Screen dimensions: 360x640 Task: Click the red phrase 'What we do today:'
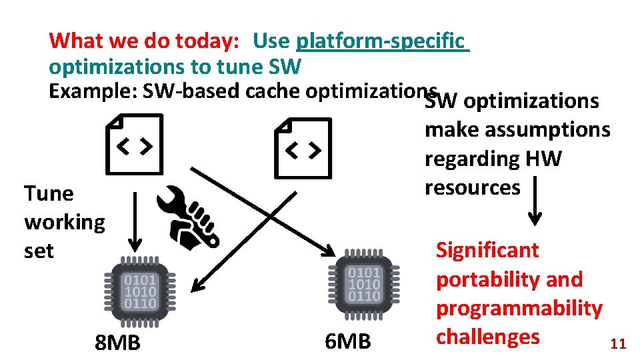pyautogui.click(x=144, y=41)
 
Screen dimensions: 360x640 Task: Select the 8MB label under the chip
pyautogui.click(x=118, y=343)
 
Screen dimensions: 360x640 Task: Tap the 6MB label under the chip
pyautogui.click(x=347, y=342)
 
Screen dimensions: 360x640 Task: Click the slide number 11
pyautogui.click(x=618, y=344)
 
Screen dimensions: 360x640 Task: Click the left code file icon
pyautogui.click(x=134, y=145)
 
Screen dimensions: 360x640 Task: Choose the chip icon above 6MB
pyautogui.click(x=363, y=284)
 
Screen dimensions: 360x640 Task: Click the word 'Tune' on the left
pyautogui.click(x=49, y=193)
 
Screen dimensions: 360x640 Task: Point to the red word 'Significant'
pyautogui.click(x=487, y=251)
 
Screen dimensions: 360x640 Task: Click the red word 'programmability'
pyautogui.click(x=519, y=309)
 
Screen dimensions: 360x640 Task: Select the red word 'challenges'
pyautogui.click(x=488, y=337)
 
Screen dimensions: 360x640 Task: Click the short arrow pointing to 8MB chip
pyautogui.click(x=135, y=221)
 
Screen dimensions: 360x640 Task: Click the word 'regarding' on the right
pyautogui.click(x=471, y=159)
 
